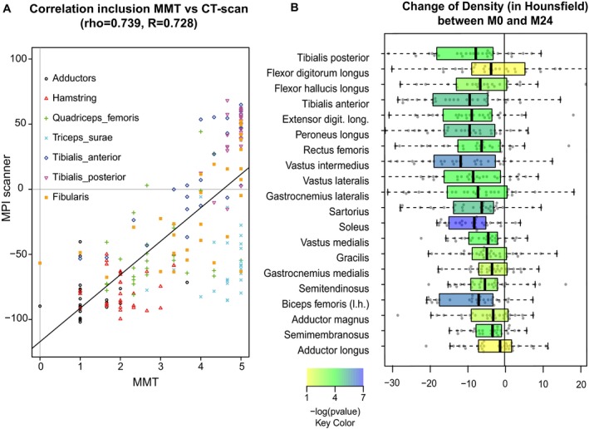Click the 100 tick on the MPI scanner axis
[x=26, y=61]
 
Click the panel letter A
[x=7, y=7]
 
